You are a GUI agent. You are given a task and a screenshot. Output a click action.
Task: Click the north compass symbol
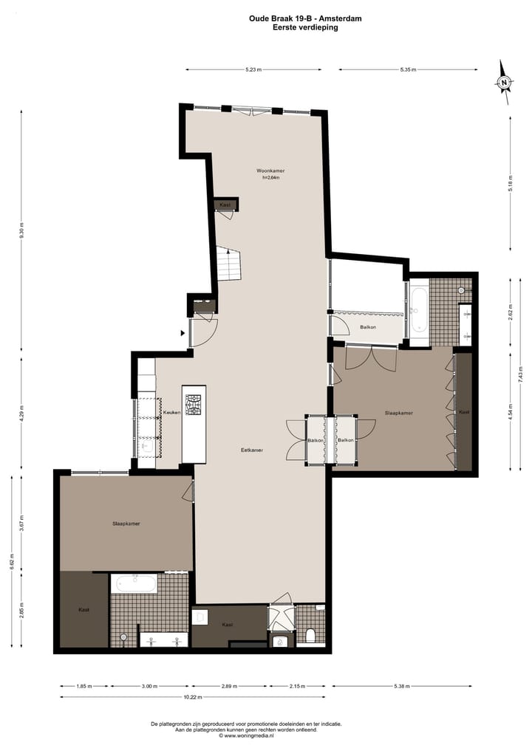(x=504, y=82)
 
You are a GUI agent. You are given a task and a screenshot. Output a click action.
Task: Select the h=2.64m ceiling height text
(x=271, y=177)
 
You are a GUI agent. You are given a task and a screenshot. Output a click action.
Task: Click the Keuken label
(x=172, y=413)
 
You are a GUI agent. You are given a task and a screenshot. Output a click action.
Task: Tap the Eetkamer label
(x=252, y=450)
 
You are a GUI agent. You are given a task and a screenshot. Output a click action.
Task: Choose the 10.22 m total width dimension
(x=191, y=697)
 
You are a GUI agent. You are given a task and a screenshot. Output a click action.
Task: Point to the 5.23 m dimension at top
(x=253, y=69)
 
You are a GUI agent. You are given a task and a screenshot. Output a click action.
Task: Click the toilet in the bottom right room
(x=311, y=635)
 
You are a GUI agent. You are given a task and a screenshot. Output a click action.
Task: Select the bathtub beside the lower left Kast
(x=134, y=583)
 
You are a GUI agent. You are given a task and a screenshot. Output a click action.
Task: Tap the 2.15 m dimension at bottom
(x=296, y=686)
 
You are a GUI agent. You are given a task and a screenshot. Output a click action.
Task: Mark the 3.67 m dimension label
(x=22, y=521)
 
